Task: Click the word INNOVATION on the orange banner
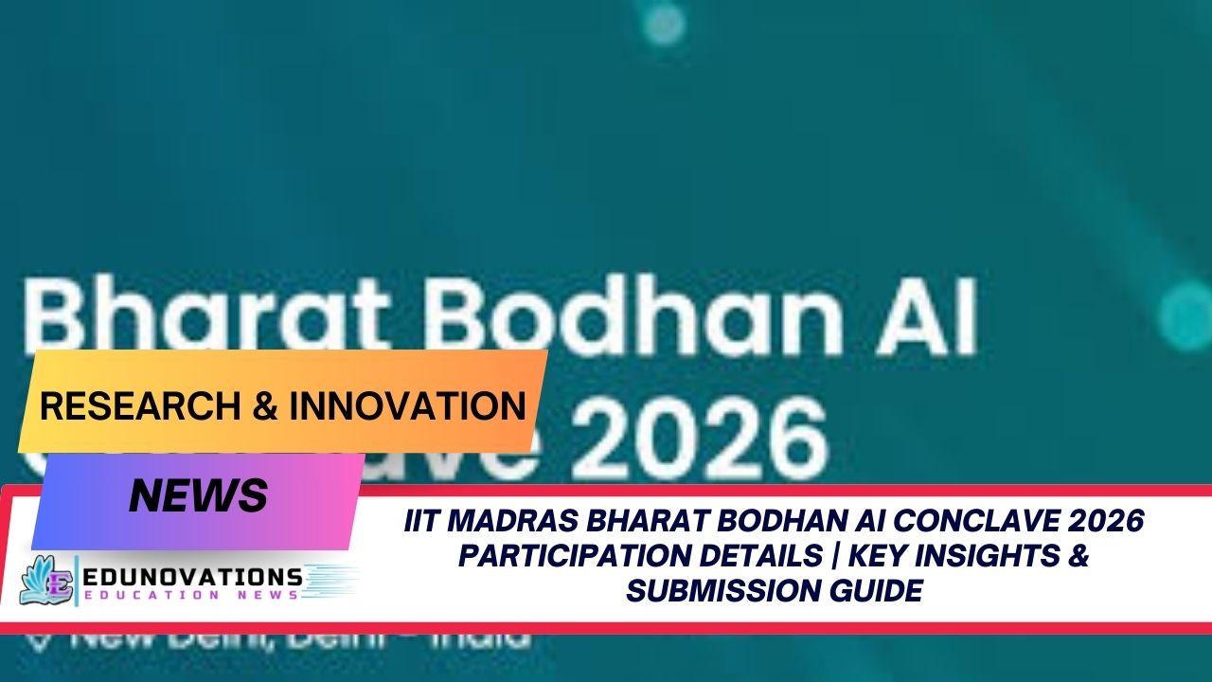tap(408, 405)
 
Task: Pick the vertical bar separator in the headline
tap(829, 556)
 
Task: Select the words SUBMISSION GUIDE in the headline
tap(774, 591)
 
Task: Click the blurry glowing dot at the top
tap(664, 23)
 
